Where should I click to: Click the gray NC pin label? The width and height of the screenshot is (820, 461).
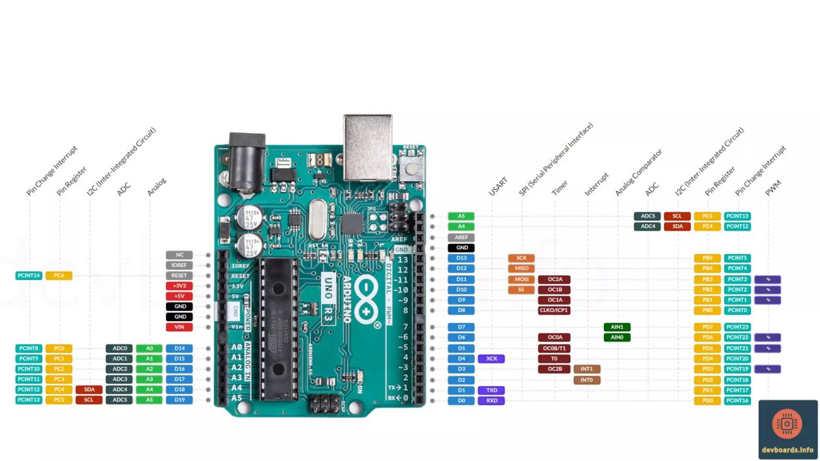click(x=179, y=255)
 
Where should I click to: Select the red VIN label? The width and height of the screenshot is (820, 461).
click(x=179, y=327)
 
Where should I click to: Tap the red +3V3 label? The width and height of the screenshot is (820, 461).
click(x=179, y=285)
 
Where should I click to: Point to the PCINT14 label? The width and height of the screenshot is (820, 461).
click(x=29, y=275)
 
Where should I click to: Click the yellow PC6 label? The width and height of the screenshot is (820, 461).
click(x=59, y=275)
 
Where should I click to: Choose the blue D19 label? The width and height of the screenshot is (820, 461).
click(x=179, y=400)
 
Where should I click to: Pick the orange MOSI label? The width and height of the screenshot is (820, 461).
click(x=521, y=279)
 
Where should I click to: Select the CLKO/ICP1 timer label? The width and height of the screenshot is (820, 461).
click(x=553, y=310)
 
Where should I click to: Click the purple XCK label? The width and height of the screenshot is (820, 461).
click(x=491, y=359)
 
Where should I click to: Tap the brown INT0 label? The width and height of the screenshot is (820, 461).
click(x=586, y=380)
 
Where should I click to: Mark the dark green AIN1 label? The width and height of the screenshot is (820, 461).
click(x=616, y=327)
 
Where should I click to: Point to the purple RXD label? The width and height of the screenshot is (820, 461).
click(x=491, y=401)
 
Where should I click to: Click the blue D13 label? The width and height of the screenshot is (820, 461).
click(x=461, y=258)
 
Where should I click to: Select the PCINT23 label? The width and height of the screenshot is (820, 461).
click(x=737, y=327)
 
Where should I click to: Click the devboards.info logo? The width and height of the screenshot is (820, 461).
click(x=787, y=429)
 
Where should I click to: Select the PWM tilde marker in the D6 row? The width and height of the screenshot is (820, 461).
click(x=767, y=337)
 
